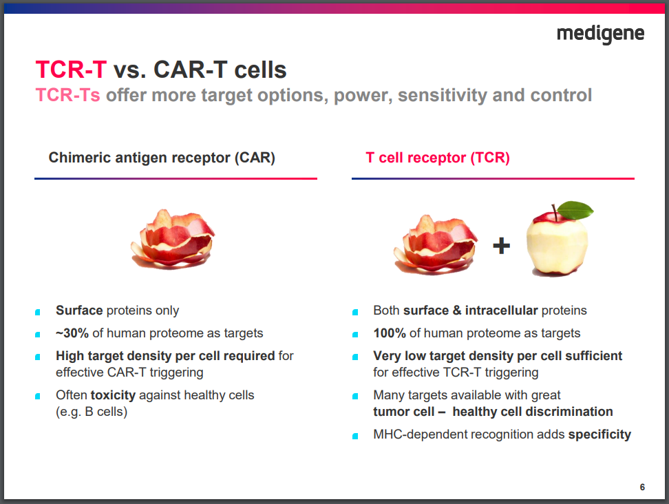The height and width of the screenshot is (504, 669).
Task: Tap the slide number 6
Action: (642, 487)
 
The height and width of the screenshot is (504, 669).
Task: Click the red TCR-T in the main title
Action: (71, 70)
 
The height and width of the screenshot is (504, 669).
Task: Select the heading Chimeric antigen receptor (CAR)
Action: (162, 158)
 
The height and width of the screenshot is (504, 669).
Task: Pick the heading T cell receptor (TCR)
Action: (438, 158)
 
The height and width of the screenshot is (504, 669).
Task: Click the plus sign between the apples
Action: (501, 245)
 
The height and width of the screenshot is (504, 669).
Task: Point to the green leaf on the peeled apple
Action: (575, 210)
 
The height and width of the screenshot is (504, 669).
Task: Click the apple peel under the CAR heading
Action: (173, 240)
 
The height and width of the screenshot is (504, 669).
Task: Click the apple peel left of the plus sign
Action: (435, 244)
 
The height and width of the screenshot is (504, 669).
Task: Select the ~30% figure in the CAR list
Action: (72, 333)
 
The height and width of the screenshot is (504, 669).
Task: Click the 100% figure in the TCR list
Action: (390, 333)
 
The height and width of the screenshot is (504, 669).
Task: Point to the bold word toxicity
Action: (113, 395)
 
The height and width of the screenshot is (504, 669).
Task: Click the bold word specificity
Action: (599, 434)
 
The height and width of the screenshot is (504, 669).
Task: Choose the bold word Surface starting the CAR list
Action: (79, 311)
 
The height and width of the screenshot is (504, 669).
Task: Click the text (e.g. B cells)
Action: (92, 412)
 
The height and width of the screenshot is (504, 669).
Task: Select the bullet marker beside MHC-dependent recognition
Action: (355, 436)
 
